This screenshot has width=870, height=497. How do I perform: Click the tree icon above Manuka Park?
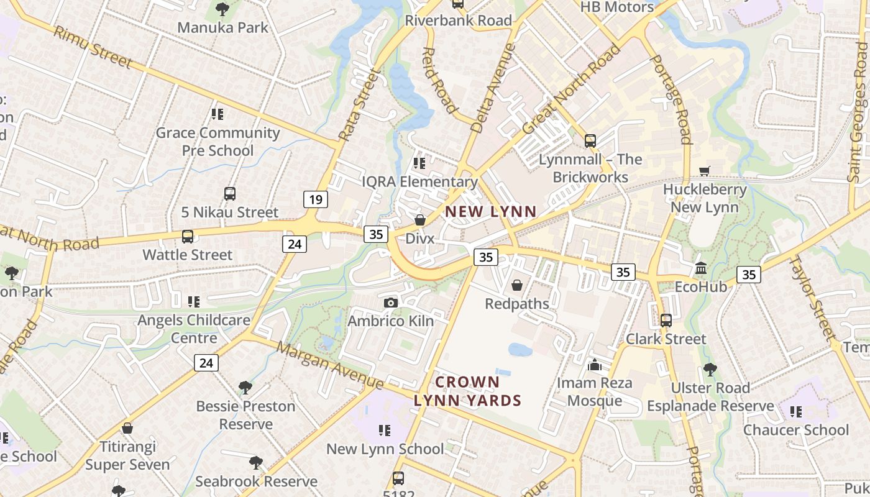point(222,9)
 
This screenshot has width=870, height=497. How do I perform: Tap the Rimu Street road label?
point(93,47)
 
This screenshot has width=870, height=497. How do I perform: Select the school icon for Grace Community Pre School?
point(217,114)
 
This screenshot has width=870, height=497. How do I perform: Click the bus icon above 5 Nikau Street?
point(230,194)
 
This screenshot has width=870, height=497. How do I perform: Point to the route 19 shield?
point(316,199)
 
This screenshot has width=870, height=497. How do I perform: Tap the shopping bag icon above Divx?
point(420,220)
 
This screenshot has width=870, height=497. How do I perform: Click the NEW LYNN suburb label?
point(490,211)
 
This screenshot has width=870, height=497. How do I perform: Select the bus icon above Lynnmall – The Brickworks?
point(590,141)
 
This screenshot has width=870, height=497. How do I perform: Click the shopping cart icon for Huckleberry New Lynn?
point(704,171)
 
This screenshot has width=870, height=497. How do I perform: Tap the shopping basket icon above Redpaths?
point(516,285)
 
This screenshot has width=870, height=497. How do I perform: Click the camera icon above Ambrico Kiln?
point(390,303)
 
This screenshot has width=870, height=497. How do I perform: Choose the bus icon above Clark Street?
point(666,321)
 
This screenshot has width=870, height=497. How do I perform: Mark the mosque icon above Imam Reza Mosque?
point(595,365)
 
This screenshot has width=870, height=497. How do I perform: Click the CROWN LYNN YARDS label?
point(467,391)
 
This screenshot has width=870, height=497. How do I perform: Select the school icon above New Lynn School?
point(385,431)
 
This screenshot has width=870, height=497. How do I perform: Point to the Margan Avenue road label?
point(329,364)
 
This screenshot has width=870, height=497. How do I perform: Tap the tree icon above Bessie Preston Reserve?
point(245,388)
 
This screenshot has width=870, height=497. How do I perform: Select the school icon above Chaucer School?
point(796,411)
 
